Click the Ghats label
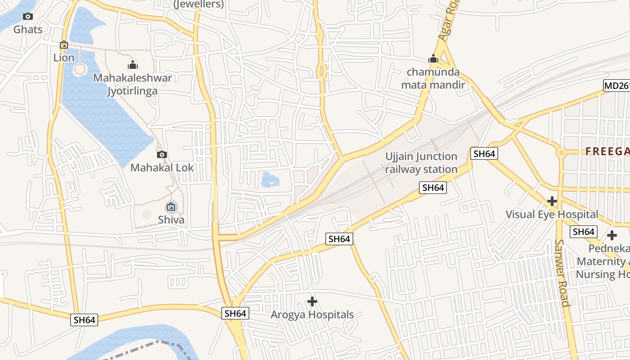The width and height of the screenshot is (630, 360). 28,30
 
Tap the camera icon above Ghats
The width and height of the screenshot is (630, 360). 28,17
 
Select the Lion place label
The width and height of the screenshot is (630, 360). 63,58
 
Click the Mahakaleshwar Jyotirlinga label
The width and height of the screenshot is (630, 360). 132,84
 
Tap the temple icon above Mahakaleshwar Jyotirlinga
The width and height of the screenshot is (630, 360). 133,65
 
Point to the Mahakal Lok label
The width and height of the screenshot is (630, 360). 162,168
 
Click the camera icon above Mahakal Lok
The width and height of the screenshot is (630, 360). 162,155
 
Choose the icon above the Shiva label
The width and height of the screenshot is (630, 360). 171,207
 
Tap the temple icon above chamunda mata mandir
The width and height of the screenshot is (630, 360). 433,59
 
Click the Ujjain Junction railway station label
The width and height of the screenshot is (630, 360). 421,163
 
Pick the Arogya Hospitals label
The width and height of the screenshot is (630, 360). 312,315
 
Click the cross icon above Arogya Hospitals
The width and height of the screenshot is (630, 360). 312,301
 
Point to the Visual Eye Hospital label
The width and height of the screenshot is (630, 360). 552,214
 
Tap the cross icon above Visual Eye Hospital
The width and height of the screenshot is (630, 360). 552,201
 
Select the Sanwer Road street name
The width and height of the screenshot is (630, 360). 562,273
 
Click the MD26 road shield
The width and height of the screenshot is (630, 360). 616,85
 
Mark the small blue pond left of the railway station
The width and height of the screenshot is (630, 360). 270,180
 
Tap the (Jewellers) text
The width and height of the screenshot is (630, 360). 198,4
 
